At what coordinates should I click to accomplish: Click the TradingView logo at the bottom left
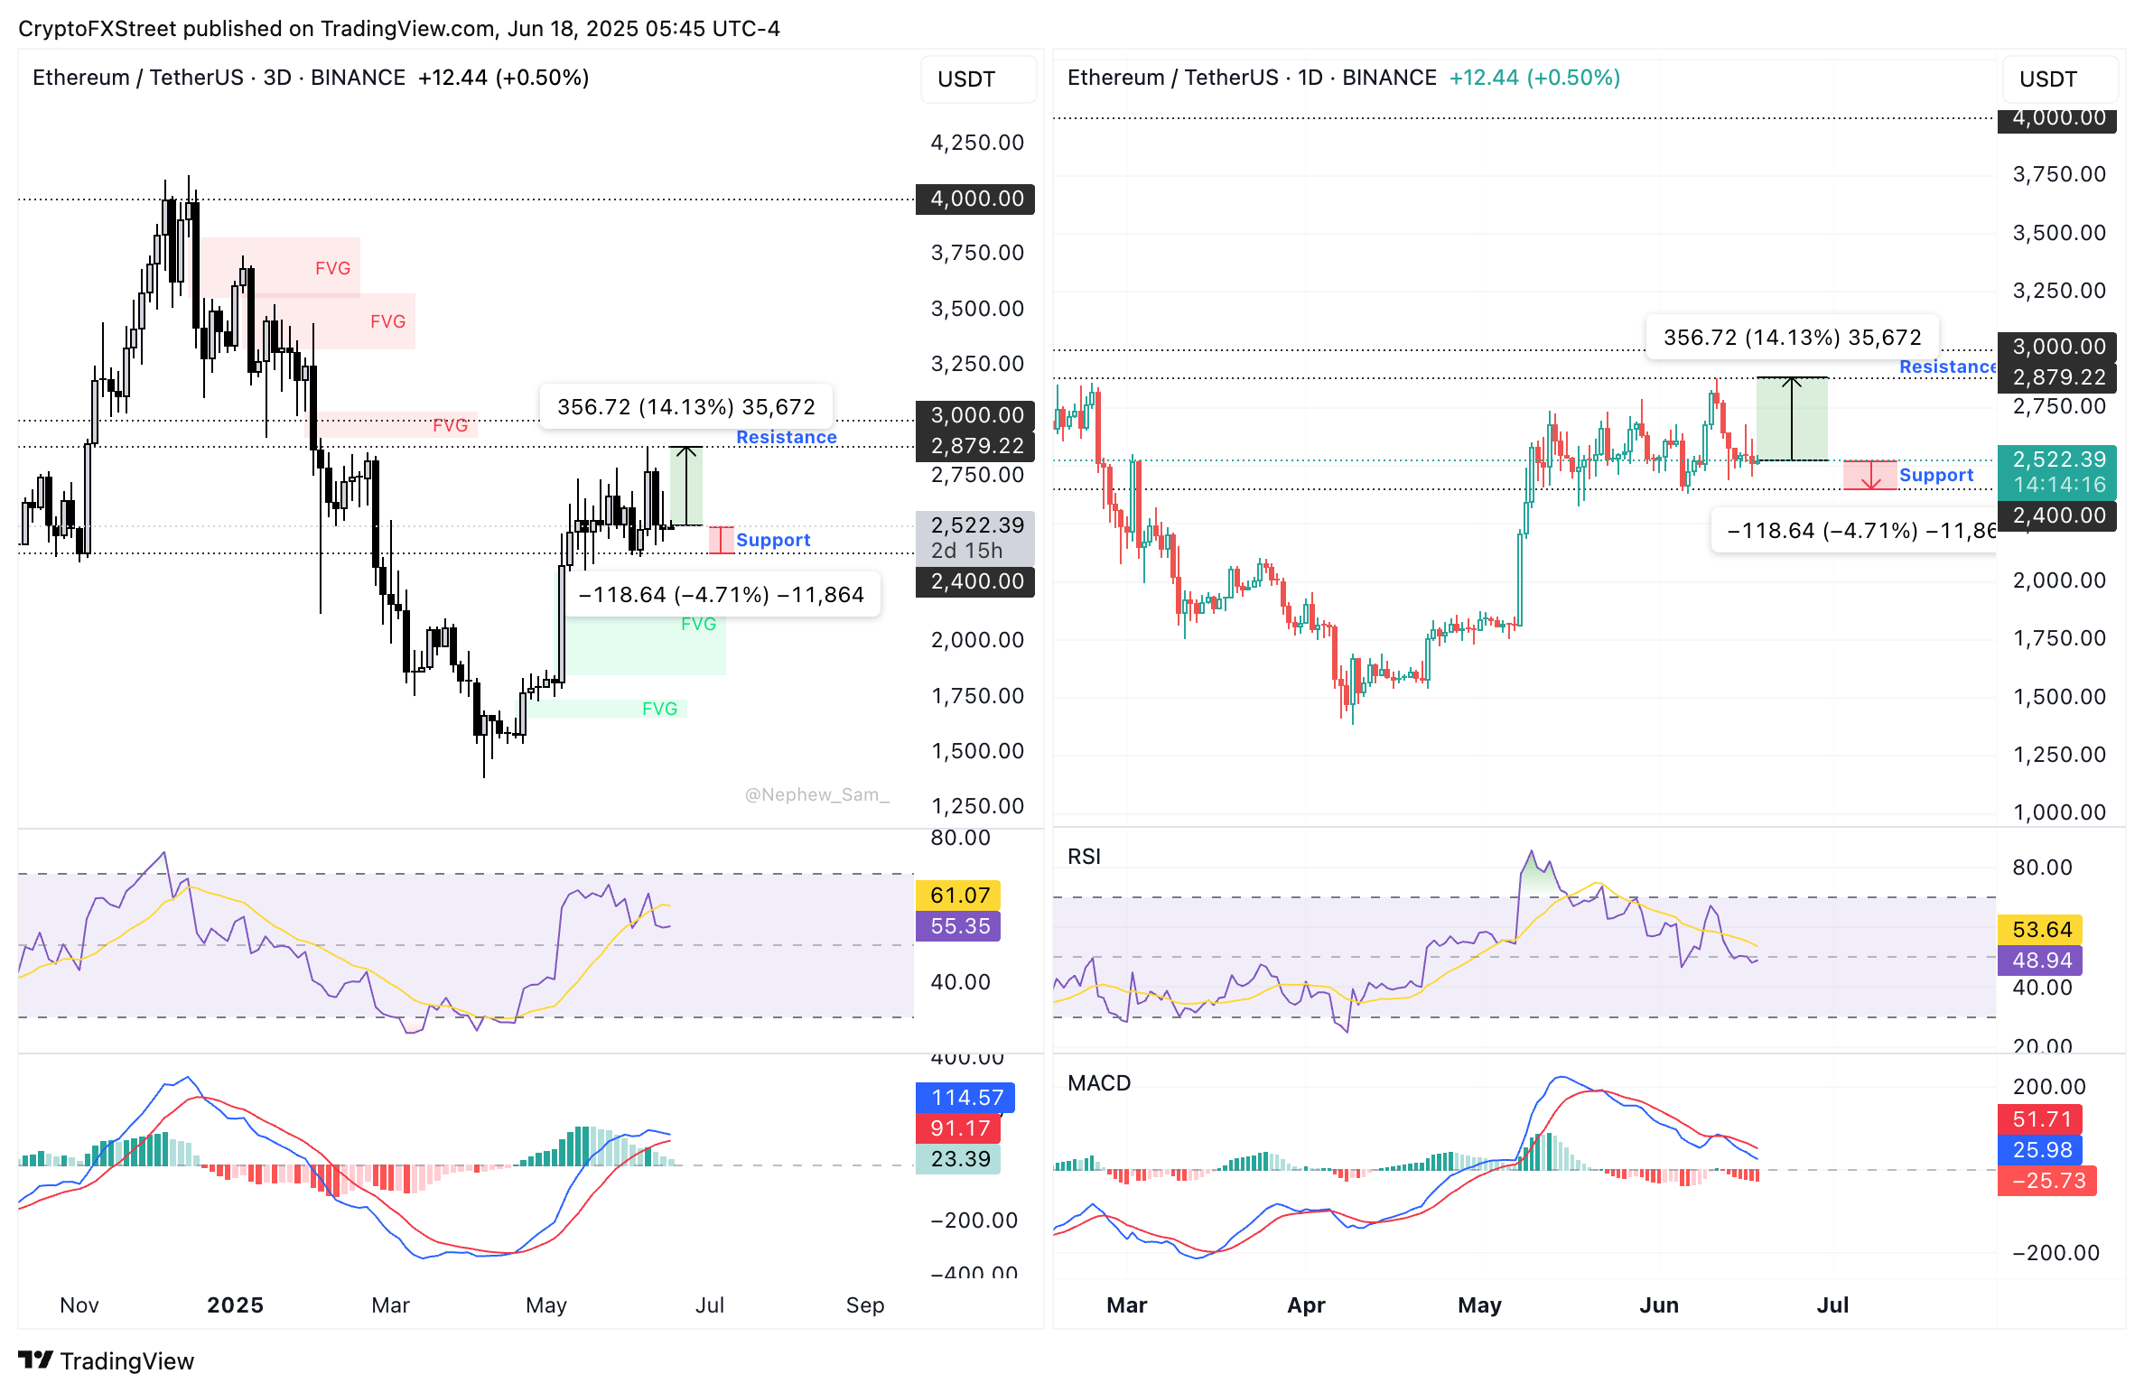click(107, 1360)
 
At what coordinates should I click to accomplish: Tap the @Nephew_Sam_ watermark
click(816, 794)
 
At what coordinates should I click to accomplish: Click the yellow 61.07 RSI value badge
click(959, 895)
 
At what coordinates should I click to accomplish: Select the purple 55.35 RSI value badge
click(959, 925)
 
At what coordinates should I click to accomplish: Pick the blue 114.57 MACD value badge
click(966, 1097)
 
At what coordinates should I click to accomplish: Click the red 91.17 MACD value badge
click(959, 1128)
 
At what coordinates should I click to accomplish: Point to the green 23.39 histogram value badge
click(959, 1158)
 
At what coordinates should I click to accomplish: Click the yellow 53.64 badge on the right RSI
click(2041, 929)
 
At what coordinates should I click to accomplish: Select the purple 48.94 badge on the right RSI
click(2041, 960)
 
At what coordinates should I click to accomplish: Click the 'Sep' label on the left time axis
click(864, 1304)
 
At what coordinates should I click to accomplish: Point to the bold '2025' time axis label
click(235, 1304)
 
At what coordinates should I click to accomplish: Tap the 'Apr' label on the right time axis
click(1306, 1304)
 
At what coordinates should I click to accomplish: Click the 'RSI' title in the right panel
click(1084, 856)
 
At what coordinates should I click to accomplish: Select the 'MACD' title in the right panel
click(1099, 1082)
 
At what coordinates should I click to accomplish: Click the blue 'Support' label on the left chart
click(773, 540)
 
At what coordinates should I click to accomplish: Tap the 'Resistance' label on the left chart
click(786, 437)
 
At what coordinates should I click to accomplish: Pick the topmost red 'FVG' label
click(332, 268)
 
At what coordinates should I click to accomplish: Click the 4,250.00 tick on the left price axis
click(977, 143)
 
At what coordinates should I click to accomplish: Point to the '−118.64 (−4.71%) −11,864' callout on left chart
click(721, 594)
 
